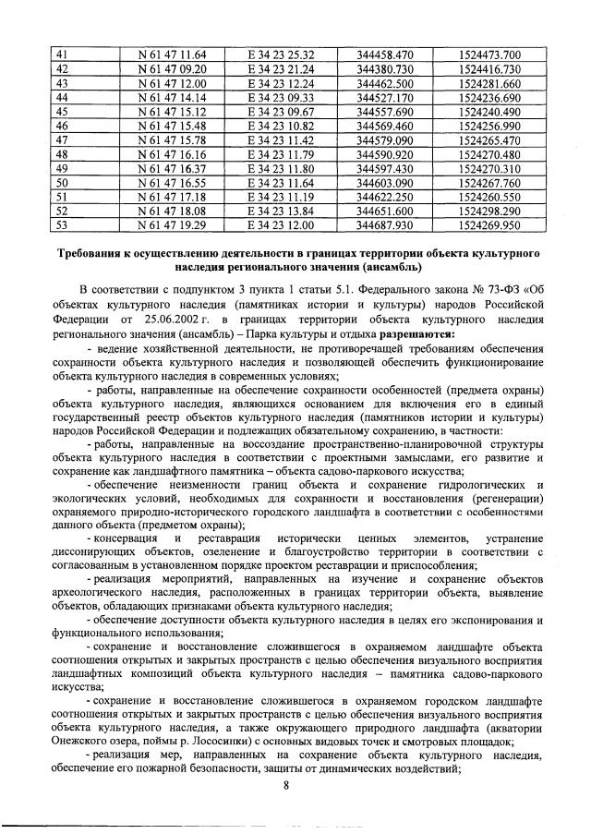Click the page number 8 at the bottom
[x=286, y=786]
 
